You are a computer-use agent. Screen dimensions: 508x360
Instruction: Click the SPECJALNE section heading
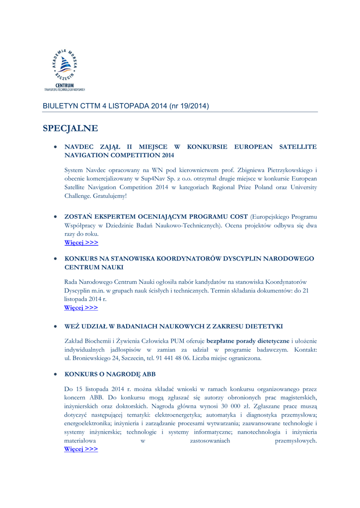pyautogui.click(x=70, y=128)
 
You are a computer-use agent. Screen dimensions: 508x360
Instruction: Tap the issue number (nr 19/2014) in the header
pyautogui.click(x=189, y=106)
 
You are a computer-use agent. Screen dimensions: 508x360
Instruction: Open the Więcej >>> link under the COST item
pyautogui.click(x=81, y=243)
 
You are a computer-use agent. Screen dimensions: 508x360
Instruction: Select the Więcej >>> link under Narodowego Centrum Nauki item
pyautogui.click(x=81, y=308)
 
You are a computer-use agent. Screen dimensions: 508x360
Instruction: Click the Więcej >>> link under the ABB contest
pyautogui.click(x=81, y=449)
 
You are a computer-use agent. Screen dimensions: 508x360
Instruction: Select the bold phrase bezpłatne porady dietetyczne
pyautogui.click(x=248, y=340)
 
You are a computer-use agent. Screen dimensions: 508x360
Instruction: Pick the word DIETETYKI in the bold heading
pyautogui.click(x=264, y=326)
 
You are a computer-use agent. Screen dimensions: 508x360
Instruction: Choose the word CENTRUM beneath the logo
pyautogui.click(x=65, y=85)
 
